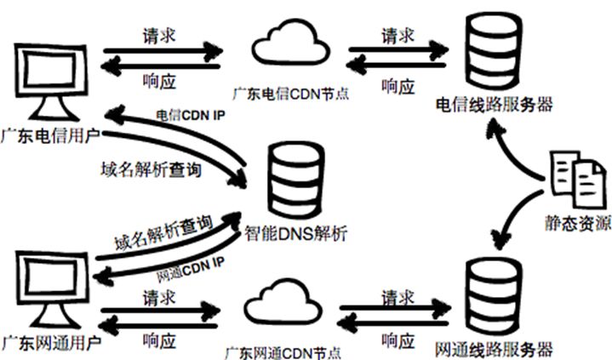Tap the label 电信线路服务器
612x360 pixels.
[x=494, y=105]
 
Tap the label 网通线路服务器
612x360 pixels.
[x=493, y=349]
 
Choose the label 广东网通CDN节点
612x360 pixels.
[x=284, y=351]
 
